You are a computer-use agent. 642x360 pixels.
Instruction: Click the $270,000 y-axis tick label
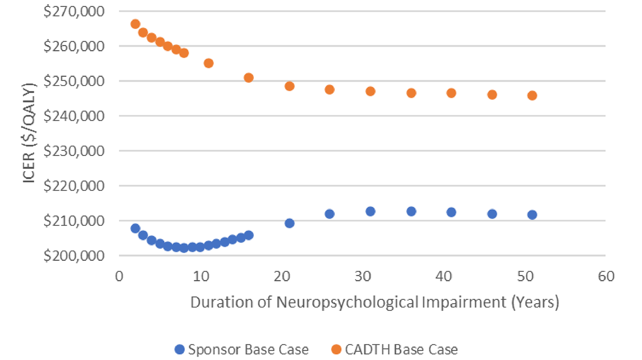pos(74,11)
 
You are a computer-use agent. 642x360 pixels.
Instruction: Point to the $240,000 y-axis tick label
pos(74,116)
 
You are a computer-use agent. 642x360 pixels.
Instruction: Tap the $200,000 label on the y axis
pos(74,256)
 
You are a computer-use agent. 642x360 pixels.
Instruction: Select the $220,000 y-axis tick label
pos(74,186)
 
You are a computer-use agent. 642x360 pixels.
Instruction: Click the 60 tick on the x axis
pos(606,277)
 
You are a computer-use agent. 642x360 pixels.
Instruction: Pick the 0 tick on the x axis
pos(119,277)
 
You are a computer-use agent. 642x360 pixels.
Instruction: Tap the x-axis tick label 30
pos(363,277)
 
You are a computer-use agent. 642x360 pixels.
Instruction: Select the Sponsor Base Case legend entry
pos(242,350)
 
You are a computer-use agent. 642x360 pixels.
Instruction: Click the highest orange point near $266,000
pos(135,24)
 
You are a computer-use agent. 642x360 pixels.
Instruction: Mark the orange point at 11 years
pos(209,63)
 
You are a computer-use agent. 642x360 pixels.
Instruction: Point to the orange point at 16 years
pos(248,78)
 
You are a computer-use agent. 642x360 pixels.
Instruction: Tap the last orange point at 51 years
pos(532,96)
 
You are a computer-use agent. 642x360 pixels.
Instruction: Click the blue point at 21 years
pos(289,223)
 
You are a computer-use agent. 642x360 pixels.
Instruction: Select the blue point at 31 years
pos(370,211)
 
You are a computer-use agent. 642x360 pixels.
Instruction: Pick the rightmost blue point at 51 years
pos(532,215)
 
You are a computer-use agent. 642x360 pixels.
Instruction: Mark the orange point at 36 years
pos(411,93)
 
